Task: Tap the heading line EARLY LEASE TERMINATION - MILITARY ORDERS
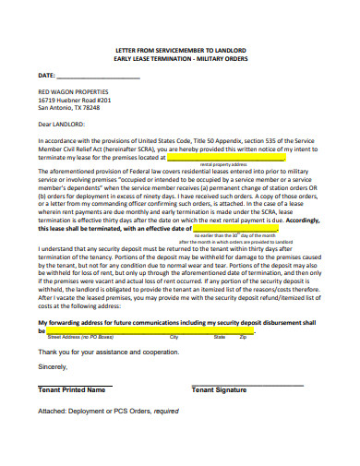(x=180, y=58)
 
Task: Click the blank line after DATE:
(x=99, y=76)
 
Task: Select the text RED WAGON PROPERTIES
(x=73, y=92)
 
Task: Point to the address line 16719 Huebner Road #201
(x=75, y=101)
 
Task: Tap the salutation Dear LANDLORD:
(x=62, y=123)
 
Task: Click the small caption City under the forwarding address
(x=174, y=338)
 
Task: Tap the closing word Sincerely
(x=54, y=366)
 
